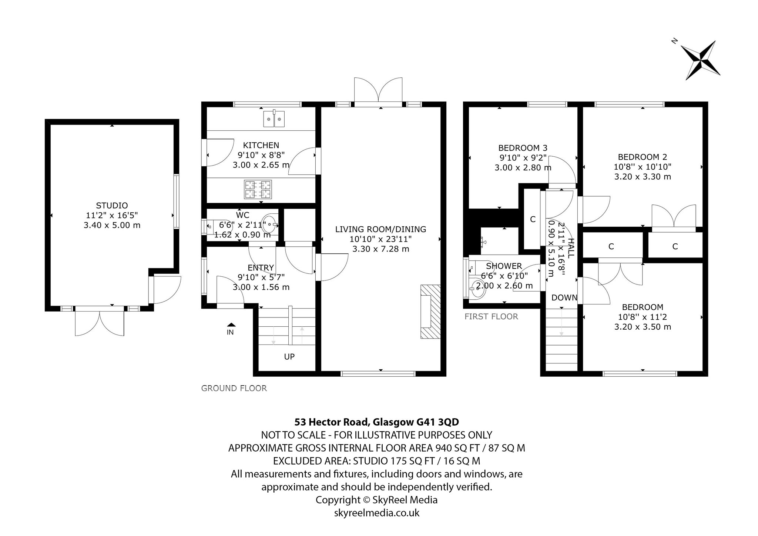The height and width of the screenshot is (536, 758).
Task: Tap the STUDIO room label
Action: click(112, 206)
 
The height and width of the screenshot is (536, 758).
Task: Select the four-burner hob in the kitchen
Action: click(258, 189)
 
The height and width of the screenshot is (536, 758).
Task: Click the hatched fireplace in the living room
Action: click(430, 312)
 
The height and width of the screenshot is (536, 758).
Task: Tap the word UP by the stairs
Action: click(289, 357)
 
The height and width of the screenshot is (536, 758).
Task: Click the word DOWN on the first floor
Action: click(564, 297)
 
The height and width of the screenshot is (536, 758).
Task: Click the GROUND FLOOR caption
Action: click(234, 388)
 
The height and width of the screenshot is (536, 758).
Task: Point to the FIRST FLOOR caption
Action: click(491, 316)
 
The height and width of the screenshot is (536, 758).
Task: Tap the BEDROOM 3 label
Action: click(523, 148)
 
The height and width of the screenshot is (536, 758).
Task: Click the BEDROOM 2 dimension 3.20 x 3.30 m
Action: click(643, 177)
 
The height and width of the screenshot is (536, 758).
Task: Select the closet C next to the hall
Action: click(533, 219)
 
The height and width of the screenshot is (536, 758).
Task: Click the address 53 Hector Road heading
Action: click(377, 422)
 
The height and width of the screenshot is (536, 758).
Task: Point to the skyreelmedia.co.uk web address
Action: click(377, 513)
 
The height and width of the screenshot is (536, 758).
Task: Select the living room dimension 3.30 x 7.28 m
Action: click(380, 249)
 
